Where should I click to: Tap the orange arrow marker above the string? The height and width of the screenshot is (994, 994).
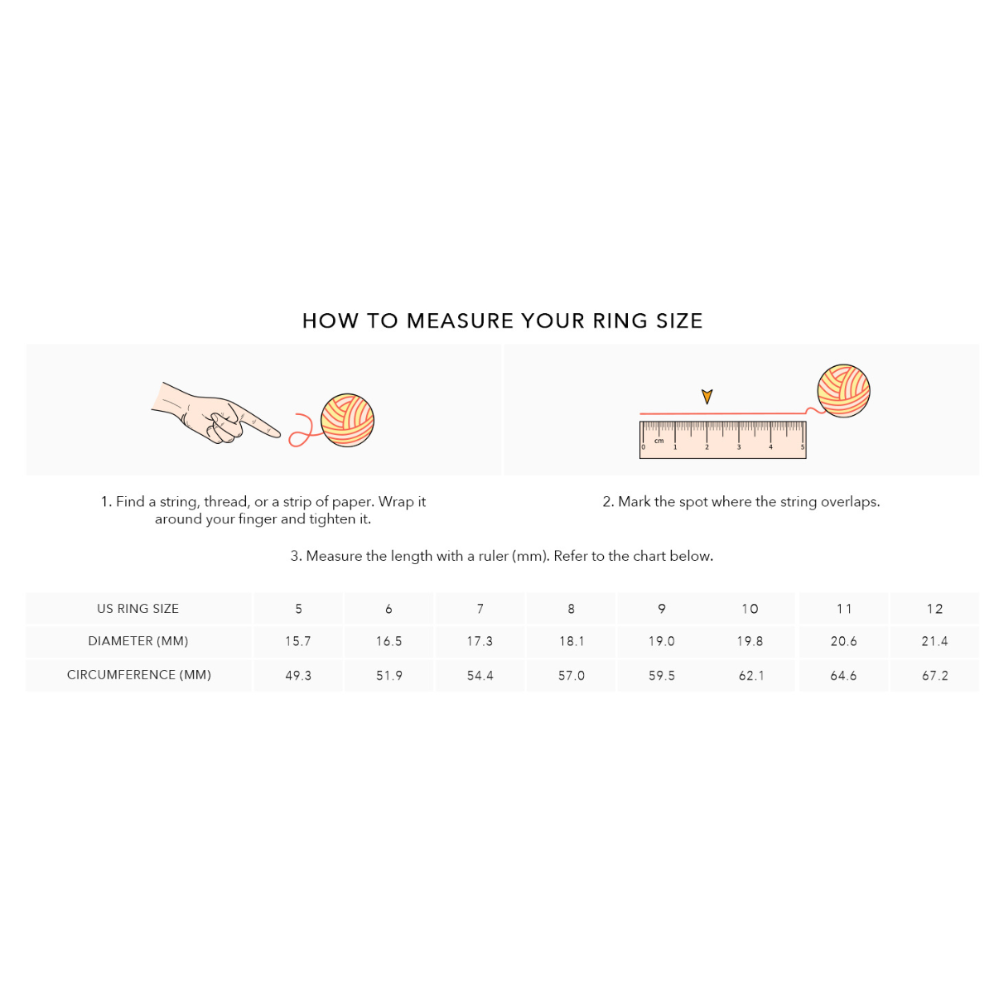click(707, 396)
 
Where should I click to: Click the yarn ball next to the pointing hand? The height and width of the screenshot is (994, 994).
click(347, 421)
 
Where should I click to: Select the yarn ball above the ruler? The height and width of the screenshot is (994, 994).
click(843, 390)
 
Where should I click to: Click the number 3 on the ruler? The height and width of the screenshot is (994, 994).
click(738, 447)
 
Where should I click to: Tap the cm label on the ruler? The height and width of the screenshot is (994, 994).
click(659, 441)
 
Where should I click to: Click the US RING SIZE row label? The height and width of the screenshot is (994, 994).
click(138, 608)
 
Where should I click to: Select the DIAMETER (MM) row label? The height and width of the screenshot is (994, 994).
click(138, 640)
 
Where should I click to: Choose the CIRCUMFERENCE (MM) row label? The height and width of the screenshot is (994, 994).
click(139, 675)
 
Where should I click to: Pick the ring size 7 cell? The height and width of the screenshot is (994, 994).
click(480, 609)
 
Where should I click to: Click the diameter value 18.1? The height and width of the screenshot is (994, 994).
click(571, 641)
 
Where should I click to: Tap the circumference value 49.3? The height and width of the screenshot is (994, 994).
click(298, 675)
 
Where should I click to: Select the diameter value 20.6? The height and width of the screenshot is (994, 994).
click(843, 641)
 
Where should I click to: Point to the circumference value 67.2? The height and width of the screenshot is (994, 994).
click(934, 675)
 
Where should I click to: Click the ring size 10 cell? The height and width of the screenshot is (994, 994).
click(750, 609)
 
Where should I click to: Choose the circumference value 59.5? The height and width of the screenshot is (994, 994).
click(661, 675)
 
